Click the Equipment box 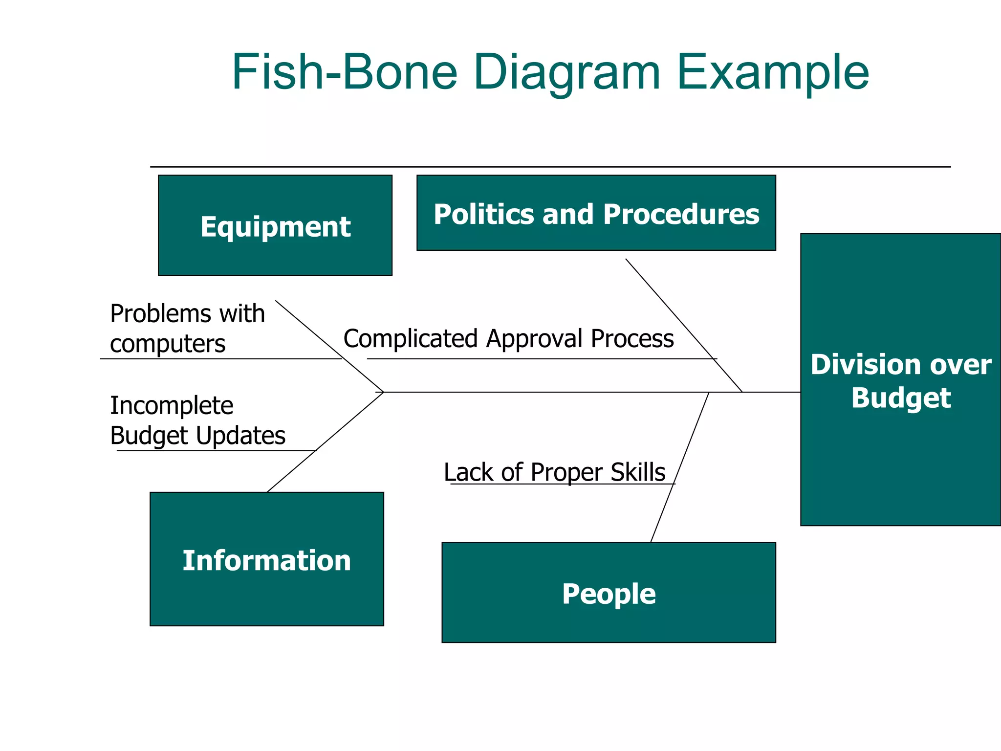point(275,225)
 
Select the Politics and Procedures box point(596,213)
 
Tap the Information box point(267,559)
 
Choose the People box point(609,592)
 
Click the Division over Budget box point(900,380)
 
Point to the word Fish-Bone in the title point(345,72)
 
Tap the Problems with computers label point(187,328)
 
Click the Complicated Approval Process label point(508,338)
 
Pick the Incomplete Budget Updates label point(197,420)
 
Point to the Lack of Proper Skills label point(554,472)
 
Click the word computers point(168,344)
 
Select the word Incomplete point(172,405)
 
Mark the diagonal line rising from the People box point(680,467)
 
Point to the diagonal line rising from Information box point(325,442)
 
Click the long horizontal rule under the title point(550,167)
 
